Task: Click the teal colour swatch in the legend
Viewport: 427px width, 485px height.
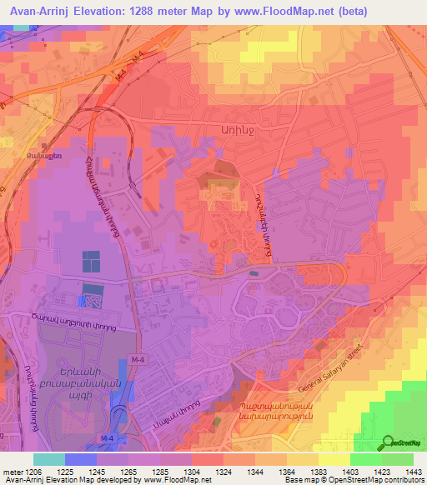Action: pos(49,459)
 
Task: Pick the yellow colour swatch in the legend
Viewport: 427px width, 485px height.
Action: pos(334,459)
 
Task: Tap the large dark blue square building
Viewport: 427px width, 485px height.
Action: pos(89,262)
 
